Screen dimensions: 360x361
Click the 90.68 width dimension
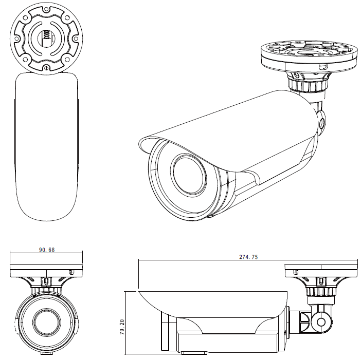pos(47,250)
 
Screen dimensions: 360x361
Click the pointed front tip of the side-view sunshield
pos(138,291)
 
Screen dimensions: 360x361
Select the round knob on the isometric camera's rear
pos(321,123)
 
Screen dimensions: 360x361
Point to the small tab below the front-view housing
pos(47,353)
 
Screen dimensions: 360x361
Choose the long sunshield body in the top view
pos(47,146)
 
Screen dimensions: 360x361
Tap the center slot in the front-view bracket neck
pos(47,281)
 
